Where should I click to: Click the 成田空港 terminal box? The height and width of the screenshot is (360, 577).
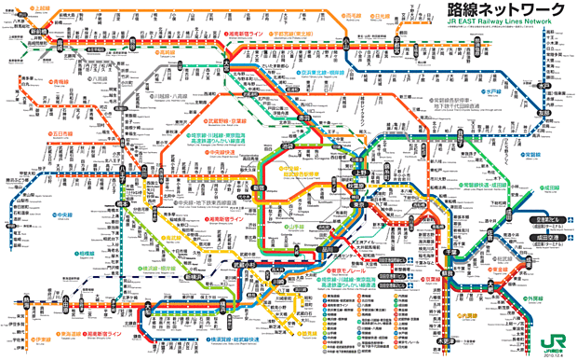545,237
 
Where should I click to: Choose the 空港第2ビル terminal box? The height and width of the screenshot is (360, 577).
545,222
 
